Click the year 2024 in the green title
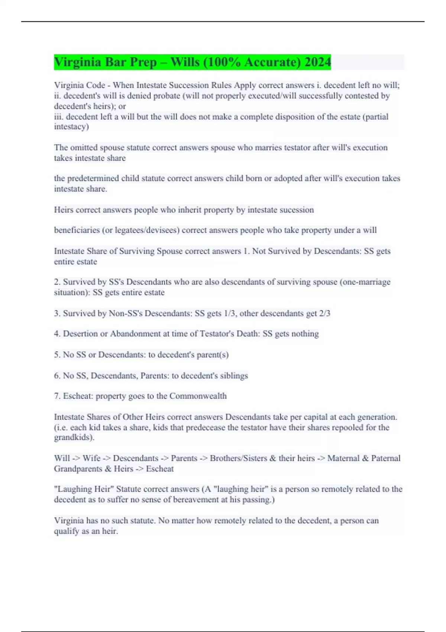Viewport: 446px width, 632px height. (x=317, y=62)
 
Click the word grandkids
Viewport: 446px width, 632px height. (x=74, y=438)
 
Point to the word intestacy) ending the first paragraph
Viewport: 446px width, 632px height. (x=71, y=127)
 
